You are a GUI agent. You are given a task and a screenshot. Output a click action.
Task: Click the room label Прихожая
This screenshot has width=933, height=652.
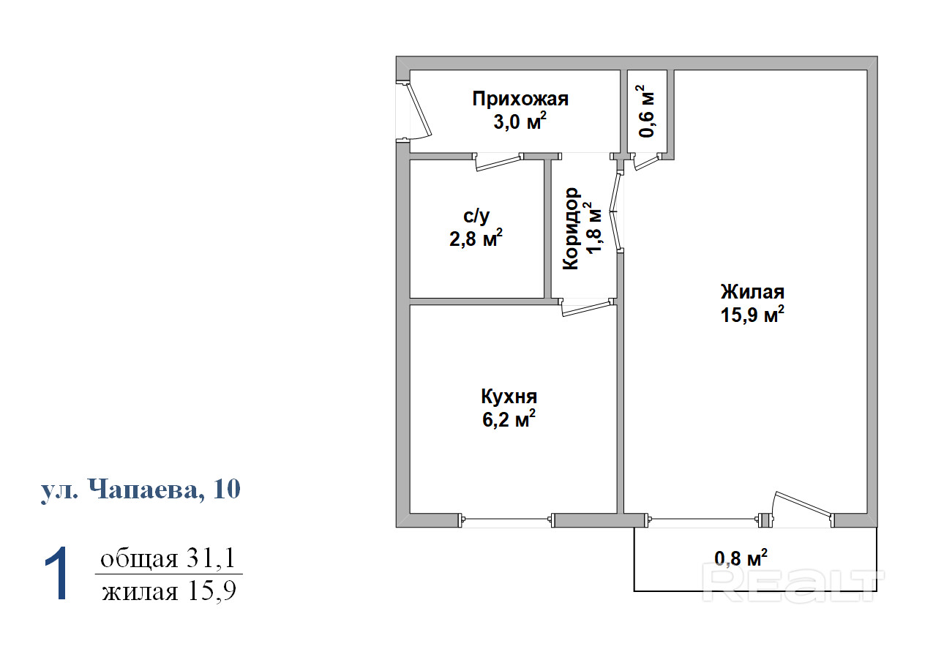(x=520, y=100)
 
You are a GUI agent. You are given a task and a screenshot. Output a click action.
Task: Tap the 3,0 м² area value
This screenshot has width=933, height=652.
(x=520, y=121)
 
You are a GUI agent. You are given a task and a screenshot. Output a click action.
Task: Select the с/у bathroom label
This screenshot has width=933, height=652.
(x=476, y=217)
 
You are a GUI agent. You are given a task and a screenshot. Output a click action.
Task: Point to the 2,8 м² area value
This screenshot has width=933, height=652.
(x=476, y=239)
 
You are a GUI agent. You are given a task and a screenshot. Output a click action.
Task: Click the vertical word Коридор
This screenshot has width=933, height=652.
(x=571, y=228)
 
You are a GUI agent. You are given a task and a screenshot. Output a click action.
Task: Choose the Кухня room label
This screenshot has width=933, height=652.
(x=509, y=397)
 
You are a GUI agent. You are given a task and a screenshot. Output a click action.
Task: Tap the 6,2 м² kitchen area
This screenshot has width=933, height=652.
(x=509, y=419)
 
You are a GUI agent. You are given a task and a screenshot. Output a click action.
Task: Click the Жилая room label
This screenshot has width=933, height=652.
(x=752, y=292)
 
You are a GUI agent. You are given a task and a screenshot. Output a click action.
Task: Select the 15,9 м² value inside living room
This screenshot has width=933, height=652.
(x=752, y=314)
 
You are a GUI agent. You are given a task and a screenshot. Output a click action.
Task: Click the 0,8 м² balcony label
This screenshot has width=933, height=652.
(x=741, y=558)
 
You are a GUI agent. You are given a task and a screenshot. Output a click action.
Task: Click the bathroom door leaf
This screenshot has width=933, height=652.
(x=498, y=163)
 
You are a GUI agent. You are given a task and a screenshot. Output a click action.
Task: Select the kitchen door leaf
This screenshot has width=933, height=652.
(x=588, y=309)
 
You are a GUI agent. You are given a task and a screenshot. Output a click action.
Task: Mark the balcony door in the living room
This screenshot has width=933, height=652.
(x=803, y=507)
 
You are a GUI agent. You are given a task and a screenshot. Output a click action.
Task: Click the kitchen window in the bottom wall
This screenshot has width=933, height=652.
(x=506, y=520)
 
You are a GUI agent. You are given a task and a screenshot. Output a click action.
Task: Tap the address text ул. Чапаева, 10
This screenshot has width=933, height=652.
(x=140, y=489)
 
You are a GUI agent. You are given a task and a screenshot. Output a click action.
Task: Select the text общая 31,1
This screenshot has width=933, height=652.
(x=168, y=558)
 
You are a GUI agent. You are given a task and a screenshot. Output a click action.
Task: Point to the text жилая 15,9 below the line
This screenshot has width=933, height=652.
(x=169, y=591)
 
